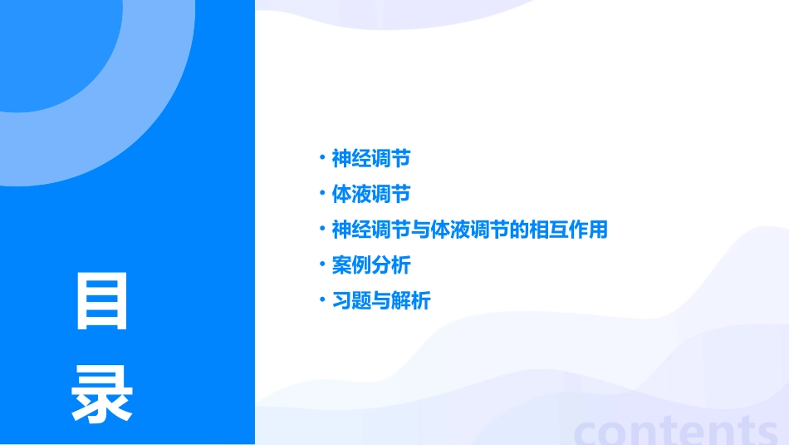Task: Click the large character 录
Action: pyautogui.click(x=102, y=393)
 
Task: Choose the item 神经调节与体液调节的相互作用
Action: pyautogui.click(x=469, y=230)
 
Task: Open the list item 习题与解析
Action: pyautogui.click(x=380, y=301)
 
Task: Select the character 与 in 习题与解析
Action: pyautogui.click(x=380, y=301)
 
